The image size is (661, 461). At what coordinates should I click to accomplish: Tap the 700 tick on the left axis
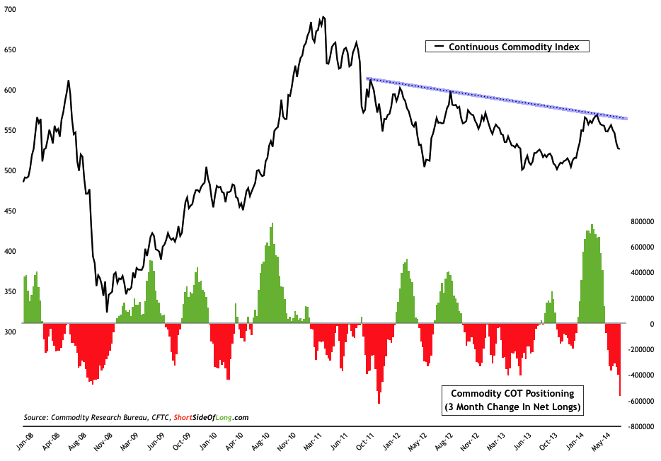coord(11,10)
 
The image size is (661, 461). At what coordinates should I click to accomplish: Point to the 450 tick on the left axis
coord(11,211)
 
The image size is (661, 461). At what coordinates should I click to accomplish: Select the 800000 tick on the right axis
coord(640,221)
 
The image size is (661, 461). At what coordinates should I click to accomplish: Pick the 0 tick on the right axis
coord(636,324)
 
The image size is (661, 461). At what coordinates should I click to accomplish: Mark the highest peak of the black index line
coord(323,17)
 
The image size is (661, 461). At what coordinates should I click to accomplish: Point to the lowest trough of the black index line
coord(107,311)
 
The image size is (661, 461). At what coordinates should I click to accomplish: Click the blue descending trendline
coord(495,98)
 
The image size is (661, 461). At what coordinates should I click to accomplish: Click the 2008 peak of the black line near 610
coord(68,81)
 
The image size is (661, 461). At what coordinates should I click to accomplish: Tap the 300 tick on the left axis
coord(11,331)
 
